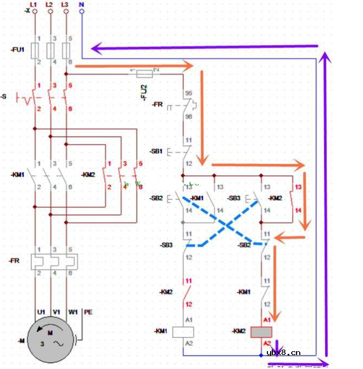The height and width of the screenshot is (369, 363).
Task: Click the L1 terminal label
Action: click(33, 4)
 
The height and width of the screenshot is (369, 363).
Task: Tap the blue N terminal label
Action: click(82, 4)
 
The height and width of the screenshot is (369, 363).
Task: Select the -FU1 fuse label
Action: click(17, 50)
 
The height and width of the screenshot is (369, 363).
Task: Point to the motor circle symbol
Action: click(50, 340)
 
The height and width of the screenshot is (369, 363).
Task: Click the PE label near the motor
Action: click(89, 312)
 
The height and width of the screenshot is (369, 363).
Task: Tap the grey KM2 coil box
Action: click(261, 332)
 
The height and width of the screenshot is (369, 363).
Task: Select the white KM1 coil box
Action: click(183, 332)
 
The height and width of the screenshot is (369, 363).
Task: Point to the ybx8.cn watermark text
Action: click(284, 353)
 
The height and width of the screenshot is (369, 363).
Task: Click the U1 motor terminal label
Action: click(41, 312)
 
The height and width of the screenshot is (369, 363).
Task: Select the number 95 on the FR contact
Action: click(189, 93)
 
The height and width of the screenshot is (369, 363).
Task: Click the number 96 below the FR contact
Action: click(189, 116)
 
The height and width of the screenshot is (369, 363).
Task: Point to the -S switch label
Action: click(5, 97)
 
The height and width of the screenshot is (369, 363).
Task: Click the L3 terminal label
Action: click(65, 4)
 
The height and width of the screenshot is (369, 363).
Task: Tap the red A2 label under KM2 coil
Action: click(267, 344)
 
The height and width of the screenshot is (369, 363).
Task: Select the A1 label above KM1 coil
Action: click(189, 320)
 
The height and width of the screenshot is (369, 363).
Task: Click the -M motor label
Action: click(21, 340)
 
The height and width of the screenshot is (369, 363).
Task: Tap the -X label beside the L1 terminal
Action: click(27, 11)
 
